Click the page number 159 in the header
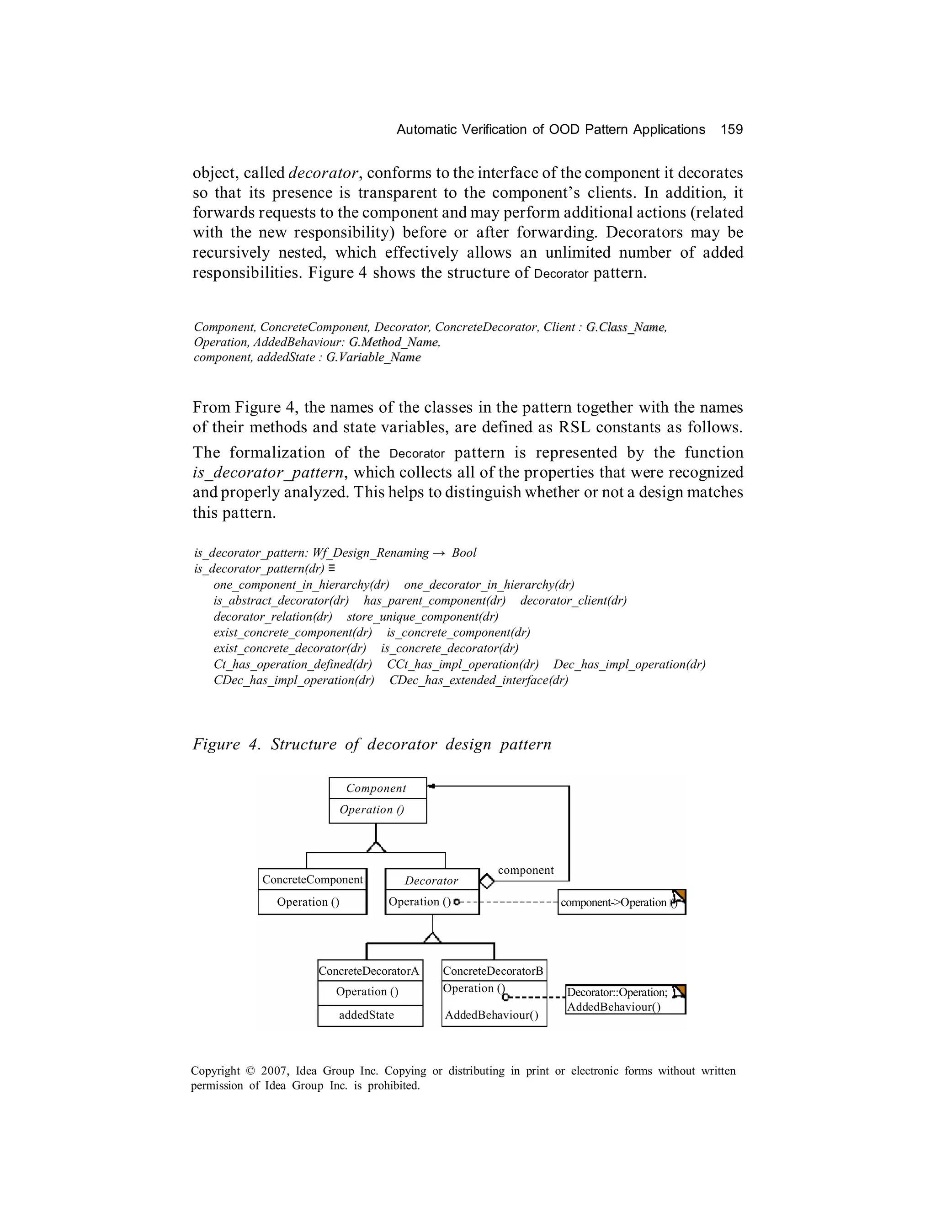731,130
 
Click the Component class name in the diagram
376,788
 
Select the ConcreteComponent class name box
312,879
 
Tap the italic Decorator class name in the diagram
431,881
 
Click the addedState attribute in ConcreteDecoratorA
367,1014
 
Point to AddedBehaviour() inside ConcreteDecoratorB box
491,1015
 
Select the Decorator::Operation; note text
617,993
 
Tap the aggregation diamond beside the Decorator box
487,881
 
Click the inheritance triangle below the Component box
376,847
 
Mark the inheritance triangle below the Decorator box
432,938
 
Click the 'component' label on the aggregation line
525,870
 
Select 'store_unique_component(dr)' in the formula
423,616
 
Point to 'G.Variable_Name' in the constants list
373,357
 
